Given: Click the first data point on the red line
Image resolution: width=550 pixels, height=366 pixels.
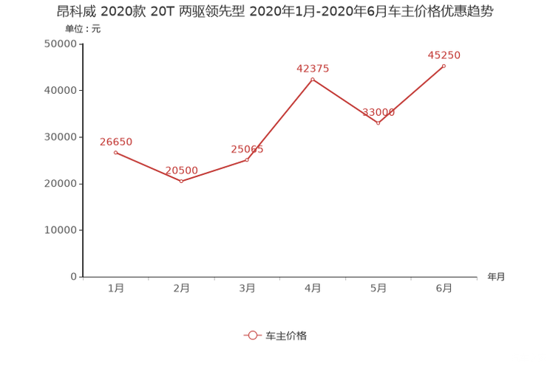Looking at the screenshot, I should coord(115,152).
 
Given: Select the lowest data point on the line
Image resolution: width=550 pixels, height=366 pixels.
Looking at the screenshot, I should coord(181,180).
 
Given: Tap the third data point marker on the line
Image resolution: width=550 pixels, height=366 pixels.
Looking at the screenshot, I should coord(247,159).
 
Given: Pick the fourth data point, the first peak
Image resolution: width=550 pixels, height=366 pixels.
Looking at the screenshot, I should coord(313,78).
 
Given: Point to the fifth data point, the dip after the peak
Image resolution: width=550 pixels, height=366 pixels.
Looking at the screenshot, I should coord(378,123).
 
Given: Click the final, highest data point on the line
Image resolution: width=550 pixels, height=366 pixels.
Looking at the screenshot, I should coord(444,66).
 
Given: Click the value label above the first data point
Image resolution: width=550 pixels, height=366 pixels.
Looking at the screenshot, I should coord(115,141).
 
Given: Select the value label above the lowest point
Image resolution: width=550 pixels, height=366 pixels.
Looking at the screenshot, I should coord(181,170).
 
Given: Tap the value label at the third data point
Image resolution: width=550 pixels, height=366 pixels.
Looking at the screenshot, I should coord(247,149).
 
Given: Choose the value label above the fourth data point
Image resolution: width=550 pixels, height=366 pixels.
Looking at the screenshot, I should coord(313,69).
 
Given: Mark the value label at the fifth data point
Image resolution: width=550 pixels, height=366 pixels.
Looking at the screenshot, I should coord(378,113).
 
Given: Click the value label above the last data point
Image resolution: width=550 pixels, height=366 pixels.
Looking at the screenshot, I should coord(444,55).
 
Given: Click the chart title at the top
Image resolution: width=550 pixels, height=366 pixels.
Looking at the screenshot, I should coord(275,12).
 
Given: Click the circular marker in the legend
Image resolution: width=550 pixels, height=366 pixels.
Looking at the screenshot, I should coord(252,335).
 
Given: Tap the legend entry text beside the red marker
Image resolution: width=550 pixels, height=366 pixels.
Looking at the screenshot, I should coord(285,335).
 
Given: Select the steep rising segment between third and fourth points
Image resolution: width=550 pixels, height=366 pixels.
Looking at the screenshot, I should coord(279,119).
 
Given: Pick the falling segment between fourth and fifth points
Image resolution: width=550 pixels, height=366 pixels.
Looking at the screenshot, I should coord(345,101).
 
